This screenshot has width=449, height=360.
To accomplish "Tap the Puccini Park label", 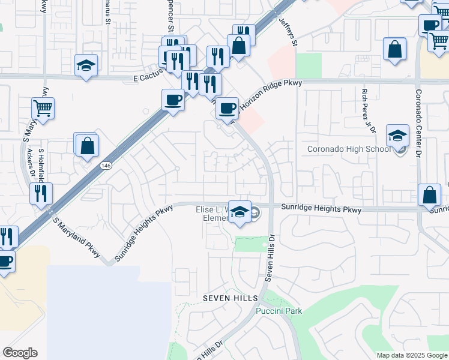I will coord(279,311).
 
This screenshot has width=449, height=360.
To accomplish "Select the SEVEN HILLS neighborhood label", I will coord(230,298).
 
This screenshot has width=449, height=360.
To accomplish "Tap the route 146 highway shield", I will coord(106,165).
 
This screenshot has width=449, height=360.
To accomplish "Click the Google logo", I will coord(20,353).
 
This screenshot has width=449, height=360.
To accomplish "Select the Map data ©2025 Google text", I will coord(411,355).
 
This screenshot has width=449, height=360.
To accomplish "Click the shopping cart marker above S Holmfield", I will coord(43,109).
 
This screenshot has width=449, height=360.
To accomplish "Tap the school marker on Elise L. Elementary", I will coord(240,211).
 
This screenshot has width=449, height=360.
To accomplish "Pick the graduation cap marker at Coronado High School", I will coord(397,136).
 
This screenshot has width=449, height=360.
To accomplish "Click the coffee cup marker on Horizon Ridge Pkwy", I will coord(227,108).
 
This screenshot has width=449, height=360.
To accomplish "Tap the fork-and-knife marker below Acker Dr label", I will coord(41,193).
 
